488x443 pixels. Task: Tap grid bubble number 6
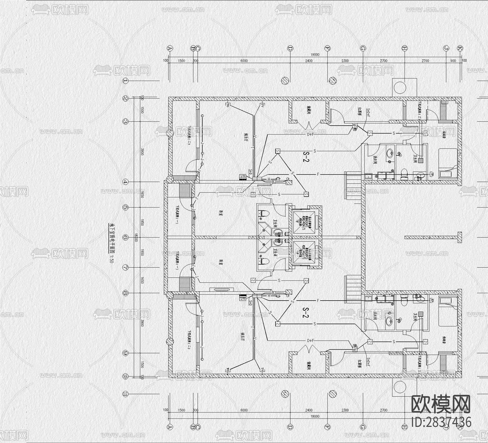click(x=125, y=238)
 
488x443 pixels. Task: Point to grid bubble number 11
click(x=125, y=394)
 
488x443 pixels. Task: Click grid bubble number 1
click(x=125, y=81)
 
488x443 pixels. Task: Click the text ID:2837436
click(x=441, y=422)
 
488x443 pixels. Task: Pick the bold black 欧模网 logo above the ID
click(x=441, y=405)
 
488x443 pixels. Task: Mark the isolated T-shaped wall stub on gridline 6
click(x=458, y=238)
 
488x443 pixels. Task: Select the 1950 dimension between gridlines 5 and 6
click(x=142, y=222)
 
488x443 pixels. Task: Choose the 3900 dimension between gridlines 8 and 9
click(x=142, y=323)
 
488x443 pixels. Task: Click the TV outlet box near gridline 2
click(x=262, y=105)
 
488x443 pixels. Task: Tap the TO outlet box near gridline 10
click(x=228, y=369)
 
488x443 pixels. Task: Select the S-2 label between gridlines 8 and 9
click(x=306, y=312)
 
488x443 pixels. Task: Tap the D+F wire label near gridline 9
click(x=311, y=341)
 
